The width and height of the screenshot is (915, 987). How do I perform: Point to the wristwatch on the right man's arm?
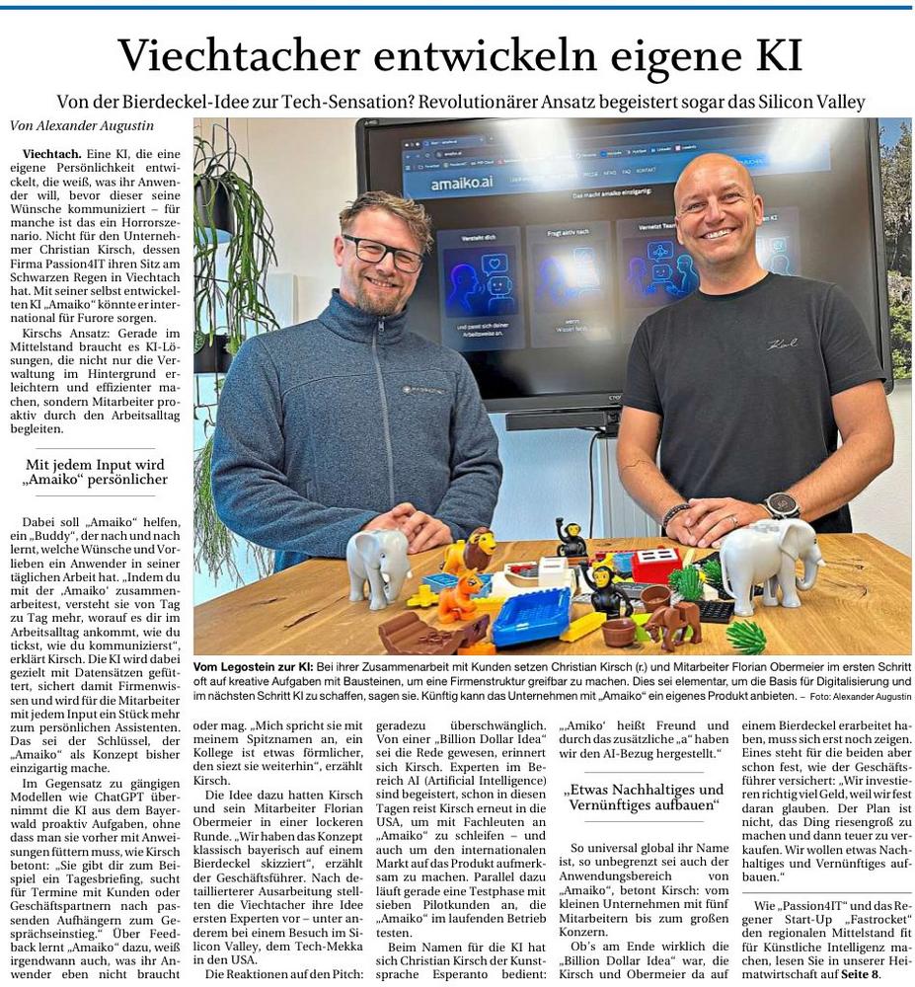(x=780, y=504)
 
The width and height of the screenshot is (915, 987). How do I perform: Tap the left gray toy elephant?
(x=378, y=565)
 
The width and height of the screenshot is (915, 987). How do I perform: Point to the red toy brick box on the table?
(x=656, y=565)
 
